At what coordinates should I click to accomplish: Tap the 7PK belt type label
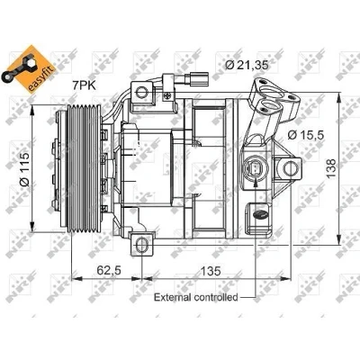[x=84, y=85]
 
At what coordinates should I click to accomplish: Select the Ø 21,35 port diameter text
[x=247, y=65]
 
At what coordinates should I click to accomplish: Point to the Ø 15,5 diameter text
[x=306, y=135]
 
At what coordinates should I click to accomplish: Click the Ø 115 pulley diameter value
[x=24, y=168]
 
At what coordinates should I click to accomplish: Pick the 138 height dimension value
[x=331, y=168]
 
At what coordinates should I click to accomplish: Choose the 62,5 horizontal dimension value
[x=109, y=270]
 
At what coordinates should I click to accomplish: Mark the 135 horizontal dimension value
[x=211, y=271]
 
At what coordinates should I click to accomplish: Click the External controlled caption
[x=195, y=298]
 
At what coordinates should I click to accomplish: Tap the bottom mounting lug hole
[x=141, y=245]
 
